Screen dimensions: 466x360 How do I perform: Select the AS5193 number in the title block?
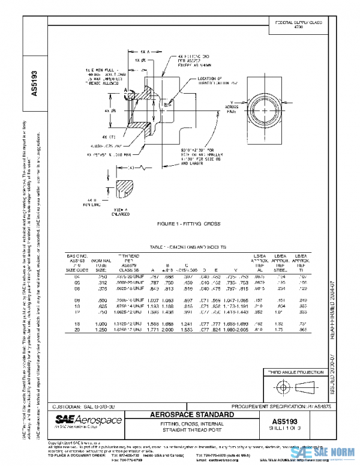tap(288, 420)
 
